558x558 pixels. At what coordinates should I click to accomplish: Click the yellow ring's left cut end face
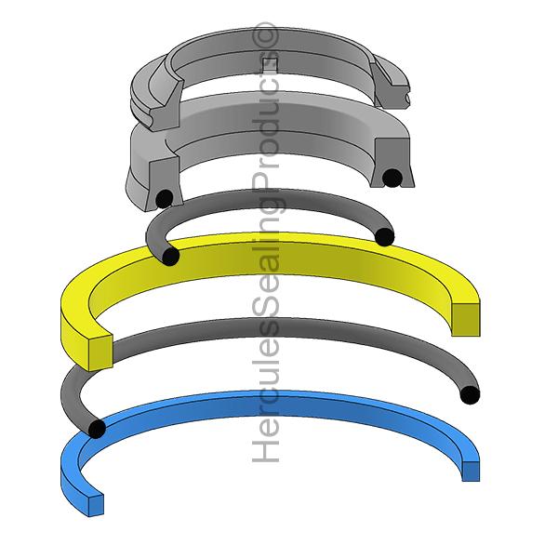tap(94, 349)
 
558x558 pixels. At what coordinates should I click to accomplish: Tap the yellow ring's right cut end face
tap(467, 318)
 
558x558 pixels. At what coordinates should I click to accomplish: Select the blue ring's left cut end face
tap(90, 501)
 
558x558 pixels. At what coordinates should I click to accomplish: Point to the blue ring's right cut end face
tap(472, 471)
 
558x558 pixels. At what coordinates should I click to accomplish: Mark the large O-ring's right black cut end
tap(471, 394)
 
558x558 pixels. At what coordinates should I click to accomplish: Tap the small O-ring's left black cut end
tap(170, 256)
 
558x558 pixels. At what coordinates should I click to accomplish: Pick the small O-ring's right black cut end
tap(385, 236)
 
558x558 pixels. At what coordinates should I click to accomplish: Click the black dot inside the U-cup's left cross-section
tap(164, 197)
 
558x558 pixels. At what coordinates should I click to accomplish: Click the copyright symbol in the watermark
tap(268, 34)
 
